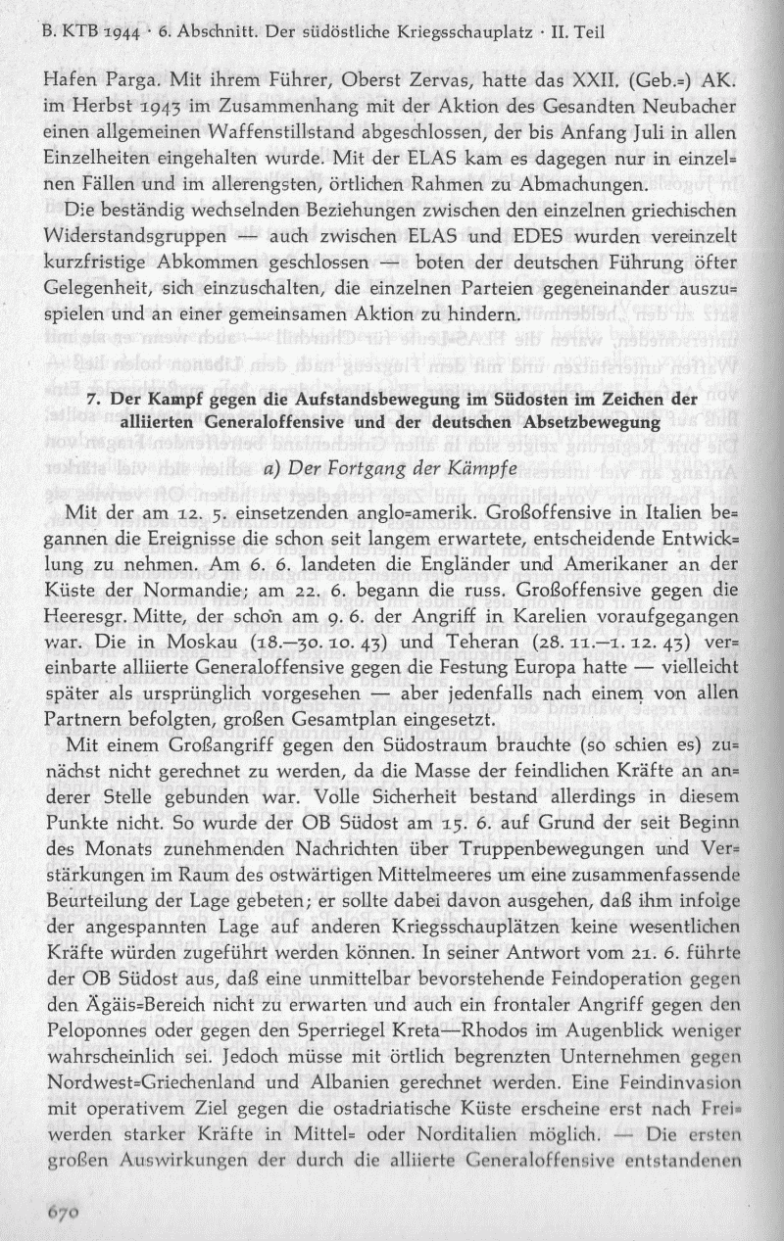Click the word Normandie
pyautogui.click(x=201, y=564)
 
